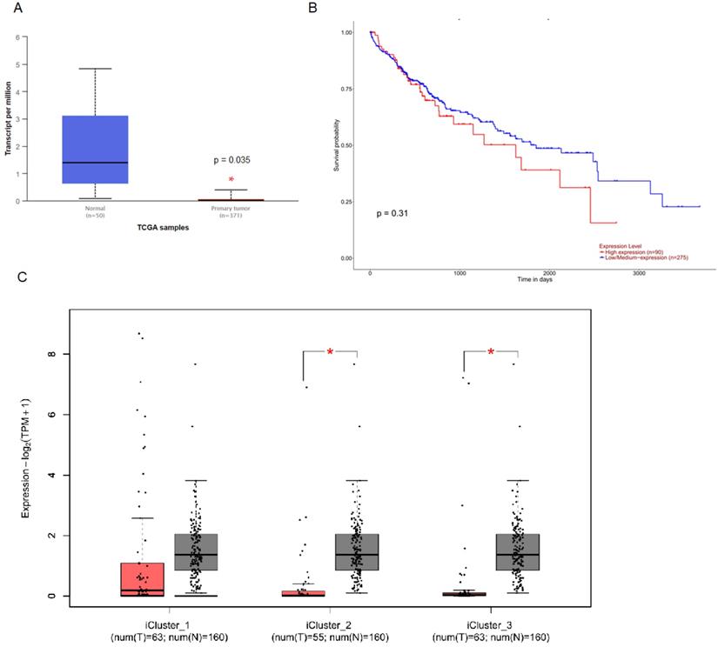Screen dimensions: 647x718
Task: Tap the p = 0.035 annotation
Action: pyautogui.click(x=232, y=160)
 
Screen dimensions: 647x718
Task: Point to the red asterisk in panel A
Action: pyautogui.click(x=232, y=180)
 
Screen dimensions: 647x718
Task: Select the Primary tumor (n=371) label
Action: pyautogui.click(x=231, y=212)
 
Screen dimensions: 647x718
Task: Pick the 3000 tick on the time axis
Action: pyautogui.click(x=639, y=271)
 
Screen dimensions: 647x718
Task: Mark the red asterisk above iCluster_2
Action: pyautogui.click(x=331, y=352)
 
